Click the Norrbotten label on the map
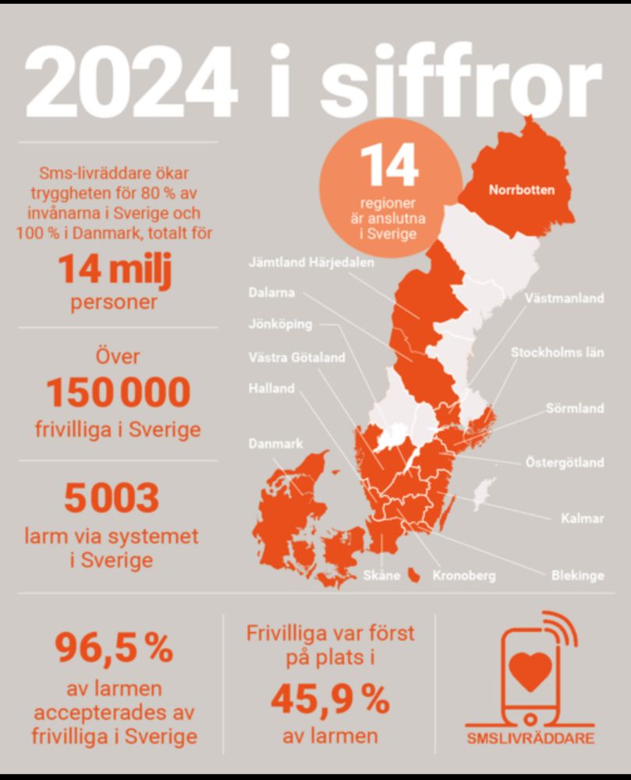pos(522,189)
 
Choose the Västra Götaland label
pos(296,359)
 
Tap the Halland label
pos(271,388)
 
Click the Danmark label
pos(275,444)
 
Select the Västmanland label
pos(564,298)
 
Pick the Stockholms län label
pos(557,353)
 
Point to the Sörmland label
pos(575,408)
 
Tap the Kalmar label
pos(583,518)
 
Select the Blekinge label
pos(577,576)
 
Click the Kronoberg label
pos(464,576)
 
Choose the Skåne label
pos(382,576)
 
